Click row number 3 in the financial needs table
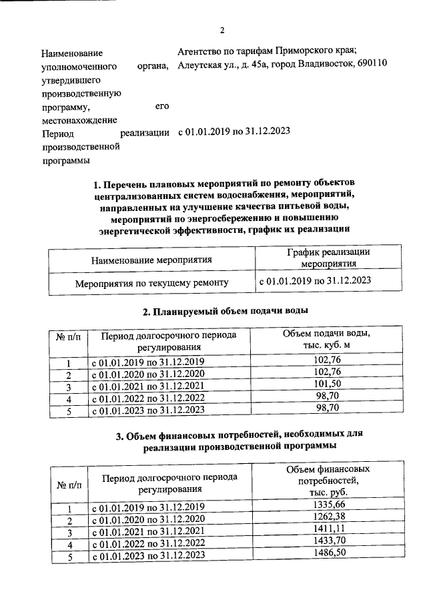pyautogui.click(x=69, y=532)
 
